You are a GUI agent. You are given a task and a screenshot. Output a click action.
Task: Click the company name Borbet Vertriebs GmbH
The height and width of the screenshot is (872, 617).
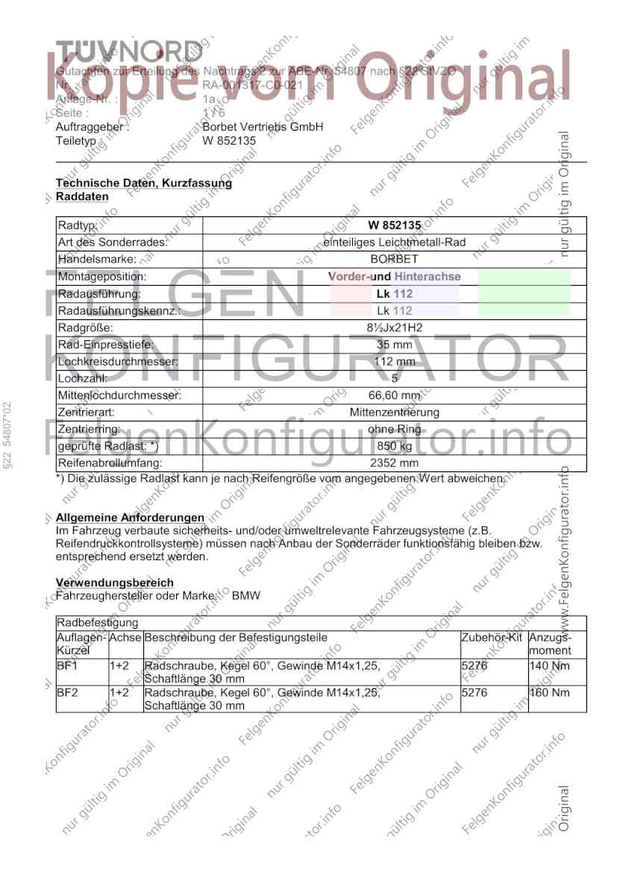(263, 127)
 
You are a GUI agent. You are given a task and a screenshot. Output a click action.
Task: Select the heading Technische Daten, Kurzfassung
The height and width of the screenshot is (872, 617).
(144, 183)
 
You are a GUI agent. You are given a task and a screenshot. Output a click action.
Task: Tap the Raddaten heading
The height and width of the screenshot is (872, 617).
(82, 196)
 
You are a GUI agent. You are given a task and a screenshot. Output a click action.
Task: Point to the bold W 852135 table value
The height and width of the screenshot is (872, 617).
(395, 225)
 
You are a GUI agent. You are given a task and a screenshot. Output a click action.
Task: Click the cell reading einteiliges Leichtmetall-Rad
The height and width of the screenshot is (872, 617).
(395, 242)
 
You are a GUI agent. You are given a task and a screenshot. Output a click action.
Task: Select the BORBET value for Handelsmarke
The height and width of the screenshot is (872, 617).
(395, 259)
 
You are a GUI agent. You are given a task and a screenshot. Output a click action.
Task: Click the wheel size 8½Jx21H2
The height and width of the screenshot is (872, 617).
(395, 327)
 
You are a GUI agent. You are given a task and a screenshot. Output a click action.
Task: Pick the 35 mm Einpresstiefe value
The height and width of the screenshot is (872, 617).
(395, 345)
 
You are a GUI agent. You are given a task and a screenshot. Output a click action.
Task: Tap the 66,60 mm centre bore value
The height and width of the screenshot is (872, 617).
(395, 395)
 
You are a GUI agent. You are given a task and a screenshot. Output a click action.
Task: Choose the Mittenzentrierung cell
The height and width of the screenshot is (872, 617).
(395, 413)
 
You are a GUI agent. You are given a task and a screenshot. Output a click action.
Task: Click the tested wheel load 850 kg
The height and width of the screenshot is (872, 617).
(395, 446)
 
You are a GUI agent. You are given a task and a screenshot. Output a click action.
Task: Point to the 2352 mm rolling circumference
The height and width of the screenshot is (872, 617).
(395, 463)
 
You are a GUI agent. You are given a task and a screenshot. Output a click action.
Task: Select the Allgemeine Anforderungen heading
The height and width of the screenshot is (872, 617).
(131, 518)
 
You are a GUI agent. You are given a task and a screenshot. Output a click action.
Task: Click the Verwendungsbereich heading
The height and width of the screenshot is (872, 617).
(115, 583)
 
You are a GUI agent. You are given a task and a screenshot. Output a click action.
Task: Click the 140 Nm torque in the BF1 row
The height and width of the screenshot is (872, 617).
(548, 665)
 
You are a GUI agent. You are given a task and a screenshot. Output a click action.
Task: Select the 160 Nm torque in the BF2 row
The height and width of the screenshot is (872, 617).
(548, 693)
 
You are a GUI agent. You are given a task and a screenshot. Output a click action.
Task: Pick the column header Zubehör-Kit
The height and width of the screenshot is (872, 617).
(492, 639)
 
